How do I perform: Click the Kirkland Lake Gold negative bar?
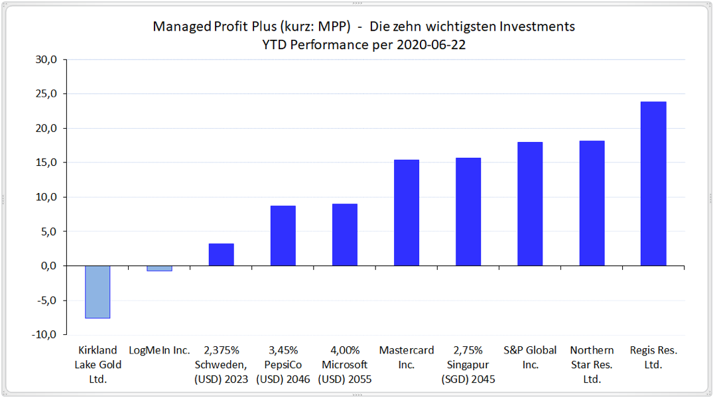tap(97, 292)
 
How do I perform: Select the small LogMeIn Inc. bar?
tap(159, 268)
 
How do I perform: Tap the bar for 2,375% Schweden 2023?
tap(221, 255)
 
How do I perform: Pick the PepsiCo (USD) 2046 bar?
tap(283, 235)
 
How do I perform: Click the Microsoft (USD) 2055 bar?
tap(344, 235)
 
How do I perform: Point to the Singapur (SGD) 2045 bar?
tap(468, 212)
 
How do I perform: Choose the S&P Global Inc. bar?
tap(530, 204)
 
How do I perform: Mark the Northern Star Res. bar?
tap(592, 203)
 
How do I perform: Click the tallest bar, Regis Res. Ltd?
tap(653, 184)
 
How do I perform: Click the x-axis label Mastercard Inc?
tap(406, 357)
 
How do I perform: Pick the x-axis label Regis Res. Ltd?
tap(653, 357)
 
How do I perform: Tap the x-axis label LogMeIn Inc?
tap(159, 350)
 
